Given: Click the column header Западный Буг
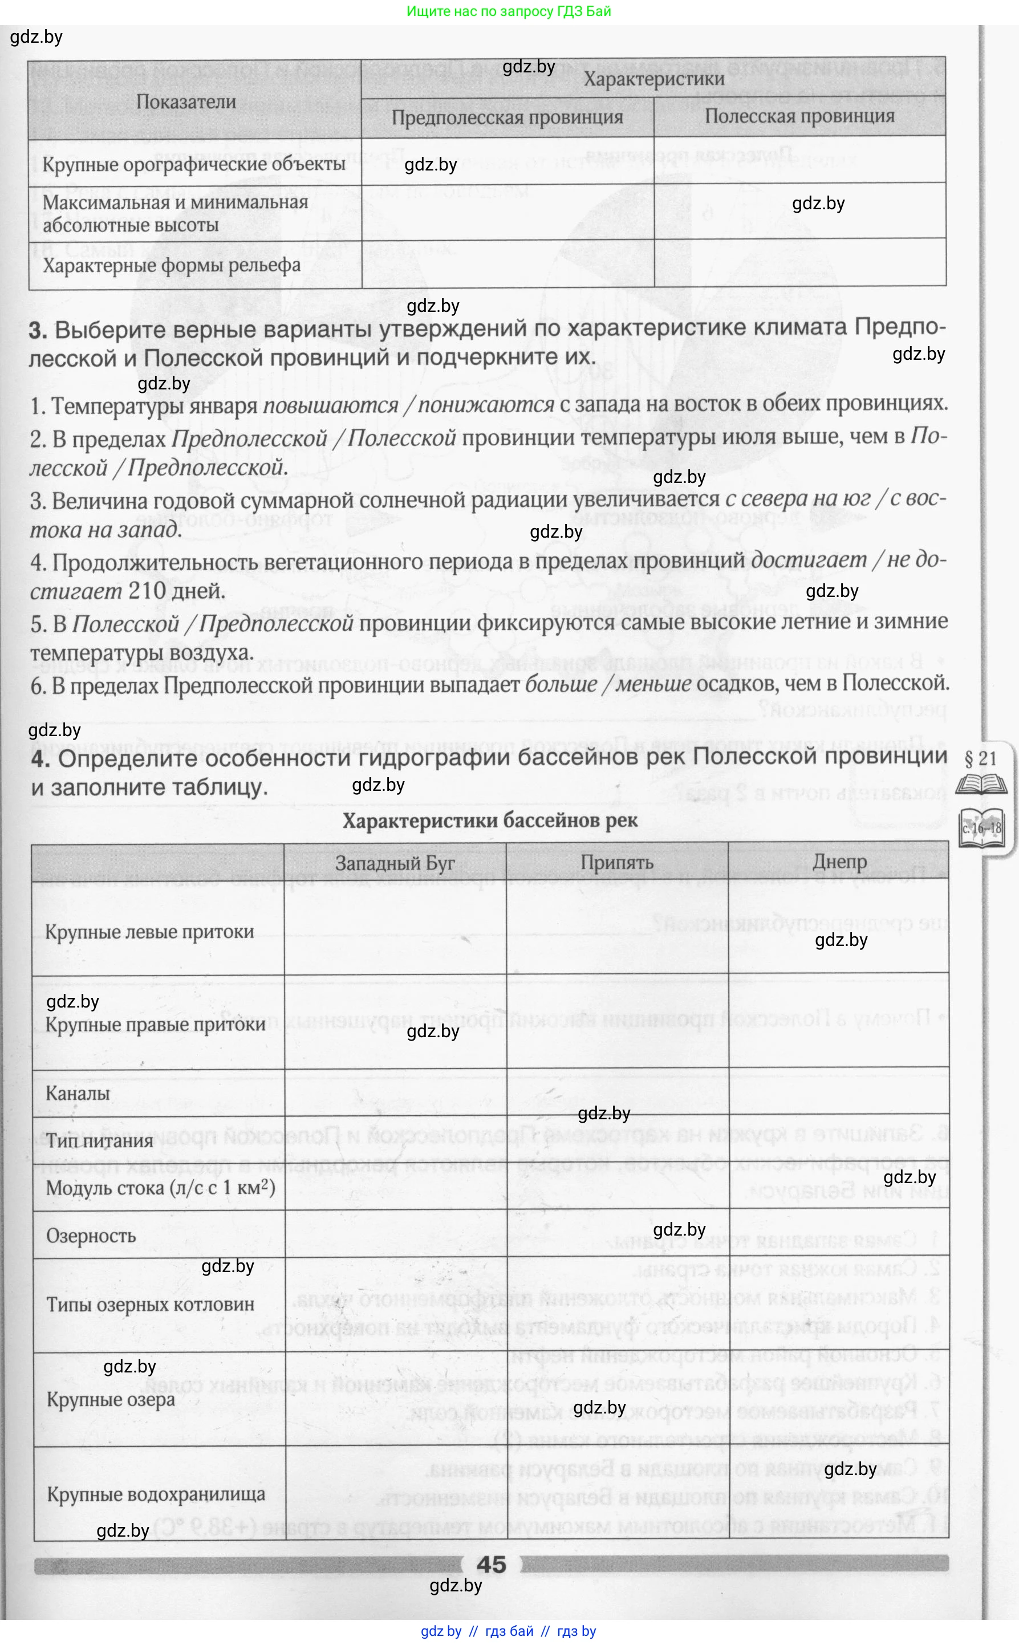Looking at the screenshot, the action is pyautogui.click(x=395, y=863).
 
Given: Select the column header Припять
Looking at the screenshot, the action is pyautogui.click(x=616, y=863).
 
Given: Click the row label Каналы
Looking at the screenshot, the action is pyautogui.click(x=78, y=1093).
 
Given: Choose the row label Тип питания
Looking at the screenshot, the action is pyautogui.click(x=100, y=1141).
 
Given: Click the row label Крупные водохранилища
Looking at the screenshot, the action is pyautogui.click(x=156, y=1494).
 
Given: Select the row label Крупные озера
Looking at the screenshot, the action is pyautogui.click(x=111, y=1400).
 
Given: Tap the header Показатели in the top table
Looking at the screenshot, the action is pyautogui.click(x=186, y=101).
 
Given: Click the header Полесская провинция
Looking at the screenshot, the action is pyautogui.click(x=799, y=116).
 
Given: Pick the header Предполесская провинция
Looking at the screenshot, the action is pyautogui.click(x=508, y=117).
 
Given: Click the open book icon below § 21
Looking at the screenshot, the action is pyautogui.click(x=981, y=785).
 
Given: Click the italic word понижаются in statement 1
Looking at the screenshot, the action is pyautogui.click(x=486, y=404).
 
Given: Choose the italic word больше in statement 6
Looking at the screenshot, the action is pyautogui.click(x=561, y=684).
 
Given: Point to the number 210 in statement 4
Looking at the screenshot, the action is pyautogui.click(x=147, y=591).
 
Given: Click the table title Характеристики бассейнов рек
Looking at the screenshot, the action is pyautogui.click(x=490, y=821).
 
